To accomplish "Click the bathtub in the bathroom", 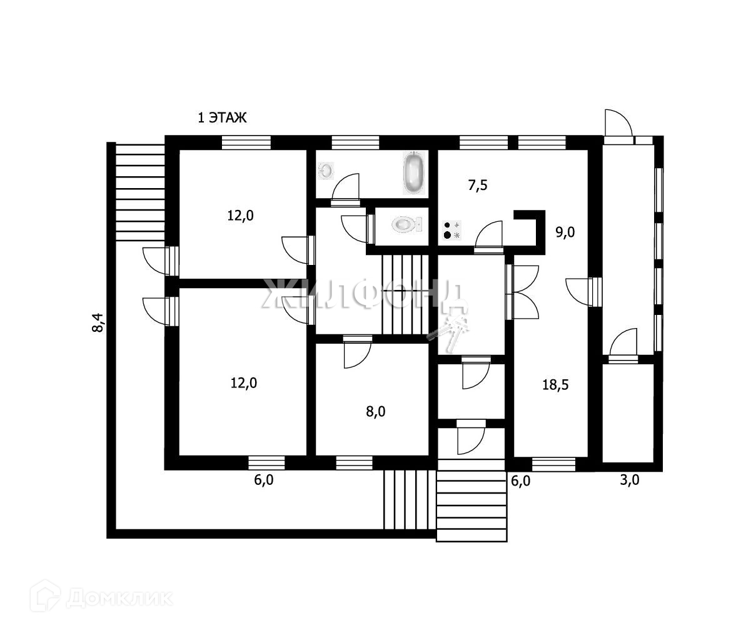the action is point(414,172).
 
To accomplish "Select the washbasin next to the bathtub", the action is point(326,169).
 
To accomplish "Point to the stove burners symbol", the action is point(451,230).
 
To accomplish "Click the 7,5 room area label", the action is point(478,185).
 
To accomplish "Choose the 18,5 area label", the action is point(555,385).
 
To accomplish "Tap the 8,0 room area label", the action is point(376,411).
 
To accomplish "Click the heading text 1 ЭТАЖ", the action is point(223,117).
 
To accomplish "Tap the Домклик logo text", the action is point(118,598).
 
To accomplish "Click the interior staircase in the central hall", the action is point(405,295).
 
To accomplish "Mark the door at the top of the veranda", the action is point(618,124).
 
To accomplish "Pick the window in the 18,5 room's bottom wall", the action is point(553,464).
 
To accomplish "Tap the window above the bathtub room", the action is point(355,142).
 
